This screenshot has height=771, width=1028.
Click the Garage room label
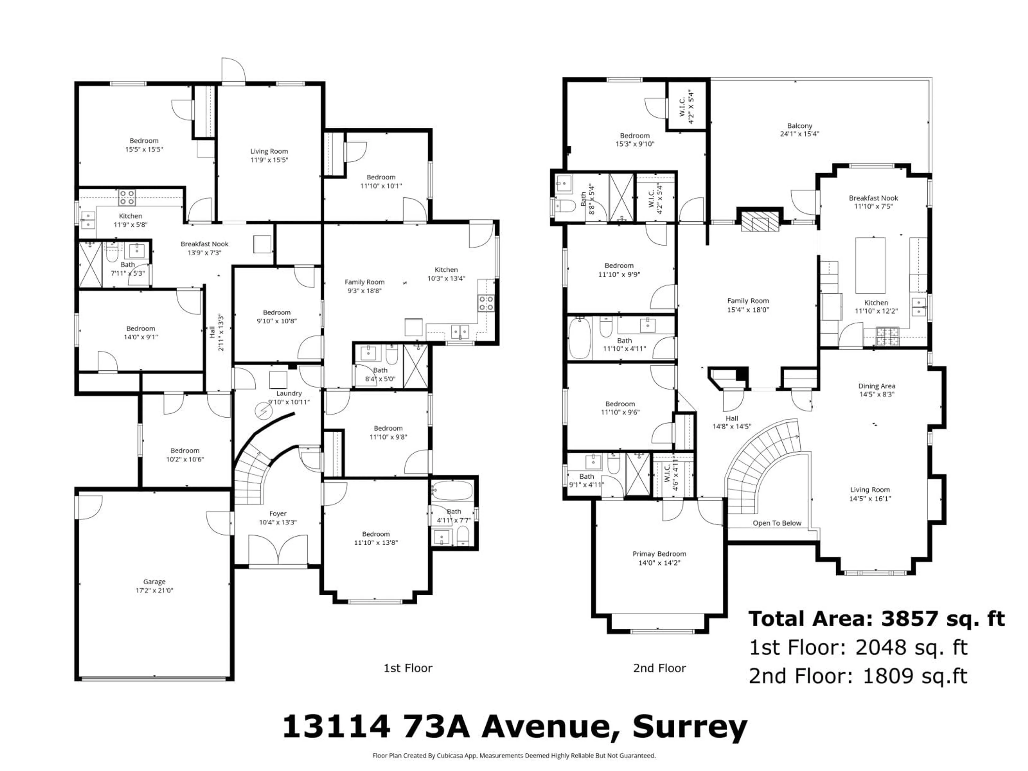[154, 581]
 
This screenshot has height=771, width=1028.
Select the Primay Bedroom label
[659, 554]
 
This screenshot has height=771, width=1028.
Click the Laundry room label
[289, 393]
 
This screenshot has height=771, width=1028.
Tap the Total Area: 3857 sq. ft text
[876, 619]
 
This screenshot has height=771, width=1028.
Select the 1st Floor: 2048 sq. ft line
[858, 647]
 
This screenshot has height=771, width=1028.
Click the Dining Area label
[876, 386]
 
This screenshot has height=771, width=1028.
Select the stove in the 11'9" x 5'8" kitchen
[127, 198]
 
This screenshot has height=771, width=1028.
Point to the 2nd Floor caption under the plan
[659, 668]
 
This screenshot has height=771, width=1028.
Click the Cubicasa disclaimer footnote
[514, 756]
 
